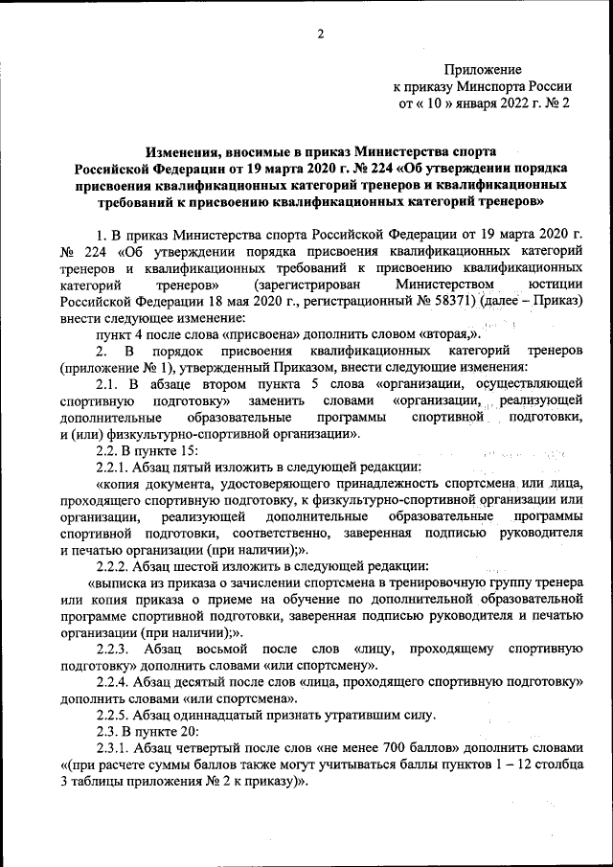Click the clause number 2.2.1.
pyautogui.click(x=115, y=467)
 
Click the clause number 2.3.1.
pyautogui.click(x=115, y=749)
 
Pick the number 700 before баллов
pyautogui.click(x=392, y=749)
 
